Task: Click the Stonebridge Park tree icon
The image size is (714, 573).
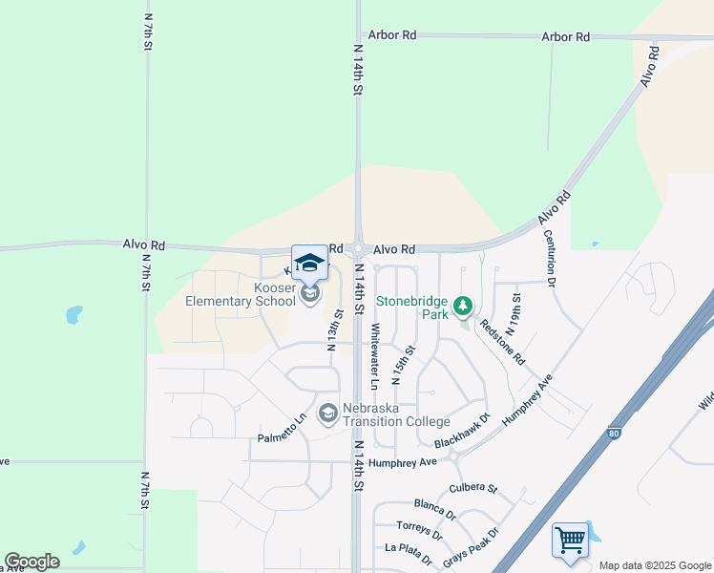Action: (x=463, y=306)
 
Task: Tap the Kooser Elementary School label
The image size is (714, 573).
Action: (x=241, y=295)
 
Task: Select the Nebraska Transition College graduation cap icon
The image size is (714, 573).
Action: (x=328, y=412)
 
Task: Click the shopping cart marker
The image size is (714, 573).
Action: (x=570, y=540)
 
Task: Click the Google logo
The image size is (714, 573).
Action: (x=31, y=562)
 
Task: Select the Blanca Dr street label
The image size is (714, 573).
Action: (x=434, y=508)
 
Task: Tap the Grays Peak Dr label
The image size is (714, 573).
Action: (x=471, y=546)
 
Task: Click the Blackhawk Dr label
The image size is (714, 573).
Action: (x=461, y=431)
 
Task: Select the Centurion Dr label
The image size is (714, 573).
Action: (x=550, y=258)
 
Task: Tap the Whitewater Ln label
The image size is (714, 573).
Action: (x=375, y=356)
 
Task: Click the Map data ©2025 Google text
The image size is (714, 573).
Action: (x=656, y=565)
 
